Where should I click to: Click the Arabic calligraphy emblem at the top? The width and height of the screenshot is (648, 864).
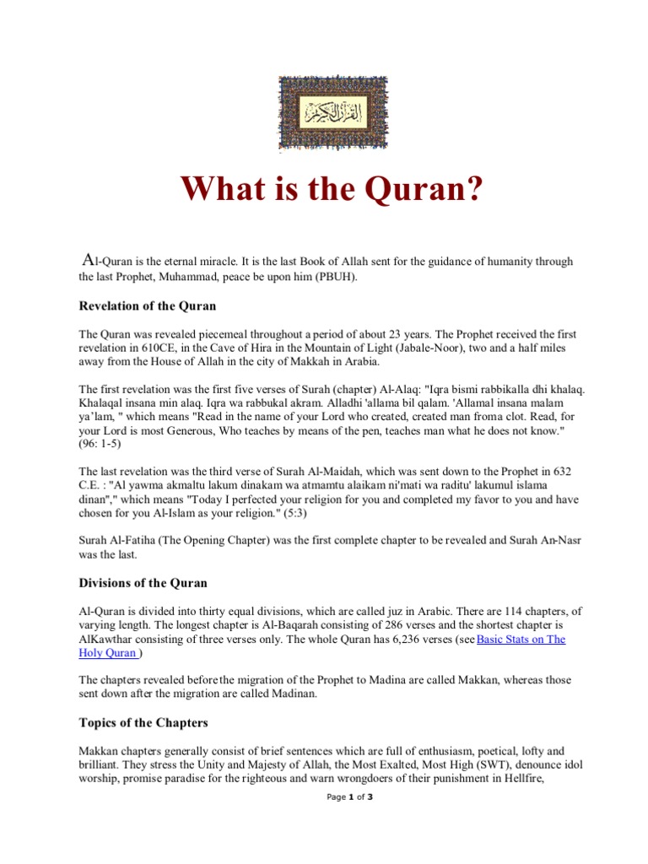click(324, 113)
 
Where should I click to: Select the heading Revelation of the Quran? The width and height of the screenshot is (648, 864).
click(148, 305)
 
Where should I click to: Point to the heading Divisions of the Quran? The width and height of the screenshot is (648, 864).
click(143, 582)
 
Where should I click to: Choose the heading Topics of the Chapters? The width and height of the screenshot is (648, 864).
click(143, 722)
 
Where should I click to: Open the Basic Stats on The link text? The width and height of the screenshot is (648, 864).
click(521, 640)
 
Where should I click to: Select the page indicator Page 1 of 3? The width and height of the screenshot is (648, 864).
click(349, 796)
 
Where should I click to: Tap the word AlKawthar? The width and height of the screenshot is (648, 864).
click(110, 640)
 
